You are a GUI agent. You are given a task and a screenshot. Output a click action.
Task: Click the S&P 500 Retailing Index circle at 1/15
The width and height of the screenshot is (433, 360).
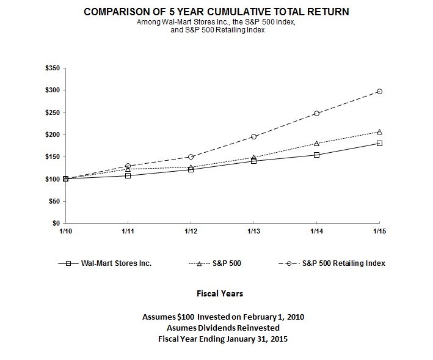(379, 91)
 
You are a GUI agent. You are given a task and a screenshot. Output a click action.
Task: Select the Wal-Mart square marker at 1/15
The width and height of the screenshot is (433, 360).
(379, 143)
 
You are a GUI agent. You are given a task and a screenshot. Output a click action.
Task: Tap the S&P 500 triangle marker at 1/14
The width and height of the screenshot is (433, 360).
(316, 143)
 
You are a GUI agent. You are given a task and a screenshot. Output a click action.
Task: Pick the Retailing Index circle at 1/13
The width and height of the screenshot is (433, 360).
(253, 136)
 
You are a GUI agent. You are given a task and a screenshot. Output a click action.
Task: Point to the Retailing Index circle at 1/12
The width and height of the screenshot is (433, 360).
(191, 156)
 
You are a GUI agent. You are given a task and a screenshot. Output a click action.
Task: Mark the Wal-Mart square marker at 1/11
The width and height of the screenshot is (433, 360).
(128, 175)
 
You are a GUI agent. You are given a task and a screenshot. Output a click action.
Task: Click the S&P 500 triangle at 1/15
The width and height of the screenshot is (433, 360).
(379, 131)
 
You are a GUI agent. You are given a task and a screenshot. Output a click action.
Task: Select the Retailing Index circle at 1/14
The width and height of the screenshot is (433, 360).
(316, 113)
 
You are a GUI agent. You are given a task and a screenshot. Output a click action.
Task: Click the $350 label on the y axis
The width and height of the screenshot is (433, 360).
(53, 68)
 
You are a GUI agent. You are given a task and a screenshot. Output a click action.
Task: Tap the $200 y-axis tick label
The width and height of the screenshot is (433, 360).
(53, 134)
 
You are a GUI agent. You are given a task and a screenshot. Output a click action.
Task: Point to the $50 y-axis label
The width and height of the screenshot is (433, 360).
(54, 201)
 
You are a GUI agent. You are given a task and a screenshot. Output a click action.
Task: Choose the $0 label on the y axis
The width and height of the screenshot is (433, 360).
(56, 223)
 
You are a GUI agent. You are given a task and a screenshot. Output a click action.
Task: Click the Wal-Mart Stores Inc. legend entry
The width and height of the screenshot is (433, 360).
(116, 263)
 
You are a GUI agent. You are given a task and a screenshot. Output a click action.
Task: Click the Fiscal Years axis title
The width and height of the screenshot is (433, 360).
(220, 293)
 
